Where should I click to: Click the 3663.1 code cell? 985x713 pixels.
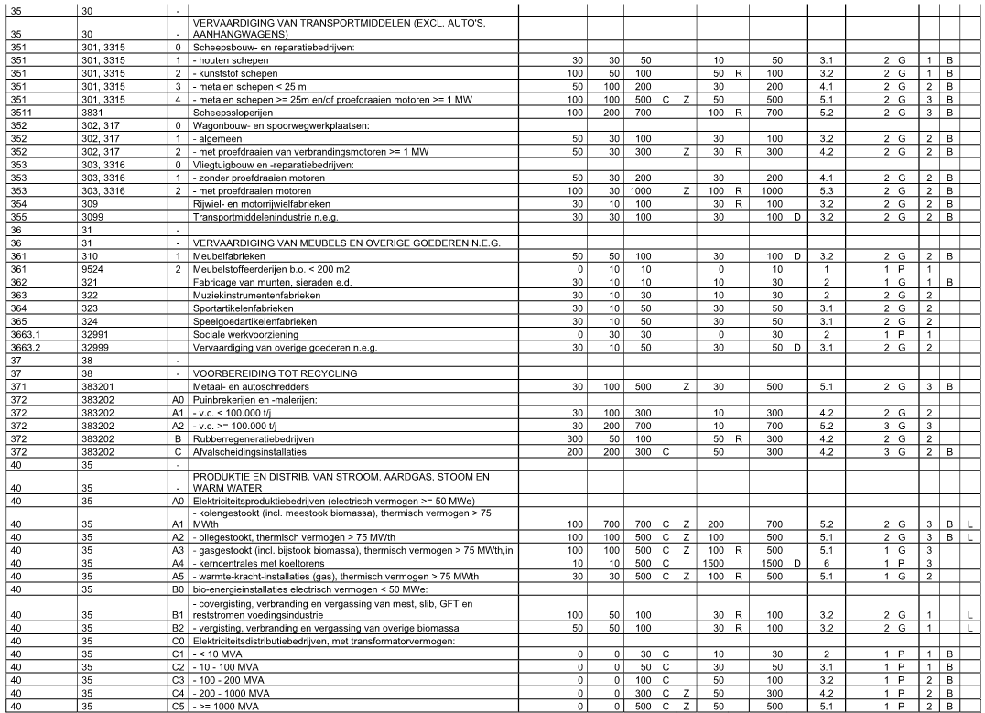coord(25,335)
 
